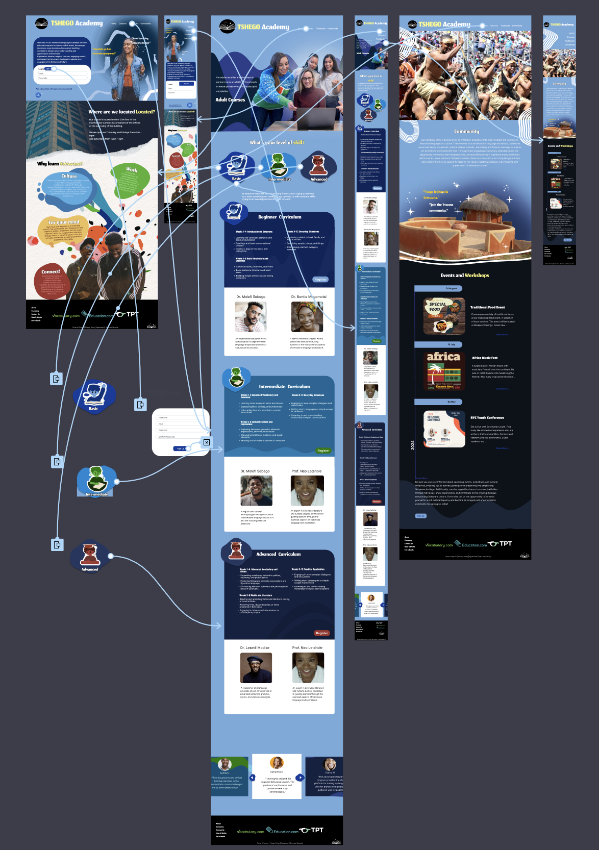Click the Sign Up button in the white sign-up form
pyautogui.click(x=181, y=448)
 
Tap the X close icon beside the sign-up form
pyautogui.click(x=207, y=442)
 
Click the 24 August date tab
pyautogui.click(x=451, y=288)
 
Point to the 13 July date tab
pyautogui.click(x=451, y=344)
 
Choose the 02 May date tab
pyautogui.click(x=451, y=402)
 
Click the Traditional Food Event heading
pyautogui.click(x=487, y=307)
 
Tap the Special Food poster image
pyautogui.click(x=444, y=316)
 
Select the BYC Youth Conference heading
pyautogui.click(x=487, y=417)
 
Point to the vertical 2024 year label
pyautogui.click(x=413, y=445)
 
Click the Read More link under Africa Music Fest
pyautogui.click(x=502, y=389)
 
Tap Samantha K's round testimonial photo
pyautogui.click(x=277, y=762)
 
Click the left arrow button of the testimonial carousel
pyautogui.click(x=252, y=778)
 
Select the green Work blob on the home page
pyautogui.click(x=131, y=179)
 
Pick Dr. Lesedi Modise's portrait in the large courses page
pyautogui.click(x=256, y=667)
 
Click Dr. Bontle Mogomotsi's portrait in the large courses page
pyautogui.click(x=307, y=316)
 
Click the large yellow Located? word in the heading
pyautogui.click(x=145, y=112)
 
